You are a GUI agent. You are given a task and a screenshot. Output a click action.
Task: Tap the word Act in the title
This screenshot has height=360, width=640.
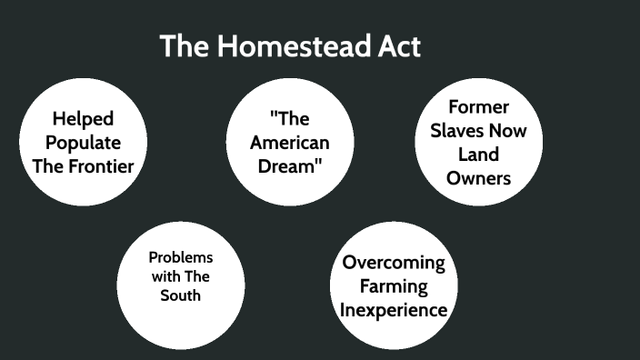point(400,46)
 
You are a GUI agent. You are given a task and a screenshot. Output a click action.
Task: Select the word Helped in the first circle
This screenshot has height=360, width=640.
point(83,118)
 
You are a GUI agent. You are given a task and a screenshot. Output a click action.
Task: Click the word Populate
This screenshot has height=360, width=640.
point(83,142)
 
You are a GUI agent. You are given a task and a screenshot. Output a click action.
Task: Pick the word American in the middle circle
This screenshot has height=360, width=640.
point(290,142)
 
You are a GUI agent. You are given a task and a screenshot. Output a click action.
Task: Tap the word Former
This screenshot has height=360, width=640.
point(478,106)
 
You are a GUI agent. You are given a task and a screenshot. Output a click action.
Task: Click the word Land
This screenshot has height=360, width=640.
point(478,154)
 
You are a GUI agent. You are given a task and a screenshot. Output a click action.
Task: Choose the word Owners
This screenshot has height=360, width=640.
point(478,177)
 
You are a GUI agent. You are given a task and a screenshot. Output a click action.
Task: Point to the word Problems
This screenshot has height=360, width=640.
point(181,257)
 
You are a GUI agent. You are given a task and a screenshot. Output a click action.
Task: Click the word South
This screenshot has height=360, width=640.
point(181,295)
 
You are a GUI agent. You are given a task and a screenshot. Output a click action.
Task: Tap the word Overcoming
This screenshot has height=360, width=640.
point(394,263)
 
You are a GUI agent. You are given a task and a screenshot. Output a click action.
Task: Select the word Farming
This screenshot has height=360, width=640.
point(394,286)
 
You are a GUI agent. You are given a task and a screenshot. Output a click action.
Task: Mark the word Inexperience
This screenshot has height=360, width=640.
point(394,310)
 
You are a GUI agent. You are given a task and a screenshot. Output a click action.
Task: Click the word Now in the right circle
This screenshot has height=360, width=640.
point(510,130)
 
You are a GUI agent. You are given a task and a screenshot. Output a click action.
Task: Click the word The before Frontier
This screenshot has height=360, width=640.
point(48,165)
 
